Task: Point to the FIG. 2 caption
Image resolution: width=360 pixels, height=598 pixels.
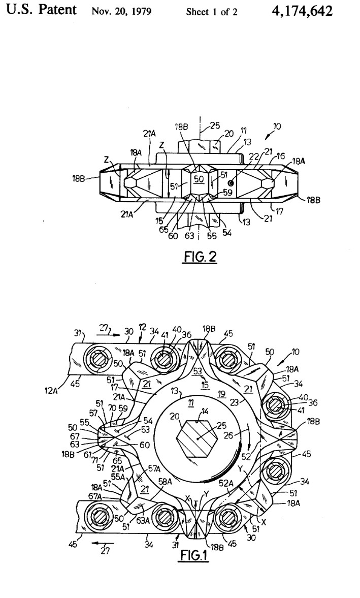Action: pos(200,257)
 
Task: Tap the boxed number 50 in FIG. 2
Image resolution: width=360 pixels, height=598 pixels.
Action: pos(199,179)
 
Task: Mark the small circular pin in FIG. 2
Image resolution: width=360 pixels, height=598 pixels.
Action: pos(231,182)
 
